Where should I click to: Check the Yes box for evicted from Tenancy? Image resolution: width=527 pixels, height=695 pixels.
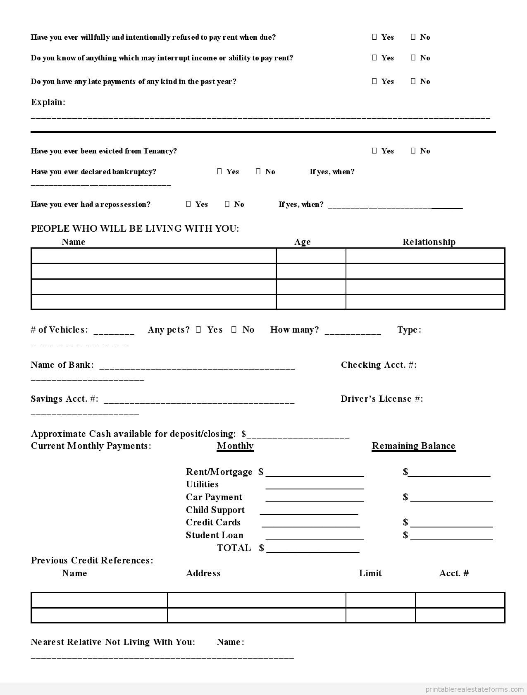pos(374,151)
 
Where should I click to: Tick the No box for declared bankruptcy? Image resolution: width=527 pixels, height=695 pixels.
pos(258,171)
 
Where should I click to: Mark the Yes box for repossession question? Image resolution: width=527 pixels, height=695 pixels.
pos(188,204)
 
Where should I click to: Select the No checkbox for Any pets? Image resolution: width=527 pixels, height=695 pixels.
pos(234,330)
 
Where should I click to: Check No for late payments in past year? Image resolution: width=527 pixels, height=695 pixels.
pos(413,81)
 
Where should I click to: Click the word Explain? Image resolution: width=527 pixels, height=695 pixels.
pos(48,102)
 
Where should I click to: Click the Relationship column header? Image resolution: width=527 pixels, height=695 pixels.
pos(429,242)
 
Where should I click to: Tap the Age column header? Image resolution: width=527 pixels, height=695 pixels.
pos(302,242)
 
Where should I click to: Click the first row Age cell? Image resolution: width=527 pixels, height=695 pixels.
pos(311,256)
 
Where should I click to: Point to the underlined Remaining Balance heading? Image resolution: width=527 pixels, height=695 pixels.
pos(413,446)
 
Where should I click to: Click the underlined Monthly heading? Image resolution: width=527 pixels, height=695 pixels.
pos(235,446)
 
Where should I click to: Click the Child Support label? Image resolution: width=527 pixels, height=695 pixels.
pos(215,510)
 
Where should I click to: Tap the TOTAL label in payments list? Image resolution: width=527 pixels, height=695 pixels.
pos(234,548)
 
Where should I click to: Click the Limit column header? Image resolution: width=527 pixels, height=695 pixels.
pos(370,573)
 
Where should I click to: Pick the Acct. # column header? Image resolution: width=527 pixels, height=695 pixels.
pos(454,573)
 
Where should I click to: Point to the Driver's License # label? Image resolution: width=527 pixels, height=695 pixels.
pos(382,399)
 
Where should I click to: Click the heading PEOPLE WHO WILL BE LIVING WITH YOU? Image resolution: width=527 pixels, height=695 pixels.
pos(135,229)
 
